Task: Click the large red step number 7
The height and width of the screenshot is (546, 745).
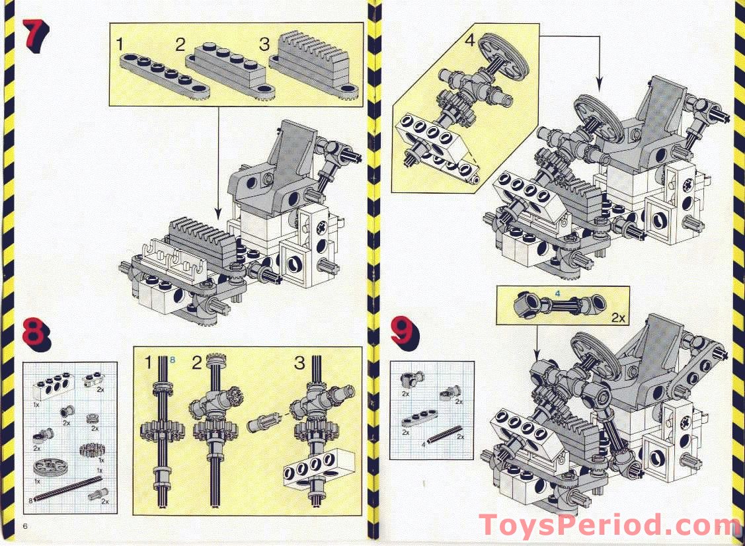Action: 34,34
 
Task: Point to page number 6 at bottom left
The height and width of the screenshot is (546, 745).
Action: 26,526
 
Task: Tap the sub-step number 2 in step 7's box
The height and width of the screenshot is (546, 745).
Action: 180,45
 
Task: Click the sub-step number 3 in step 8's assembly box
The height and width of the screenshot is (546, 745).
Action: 300,362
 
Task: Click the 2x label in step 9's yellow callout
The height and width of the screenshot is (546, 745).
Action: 618,317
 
